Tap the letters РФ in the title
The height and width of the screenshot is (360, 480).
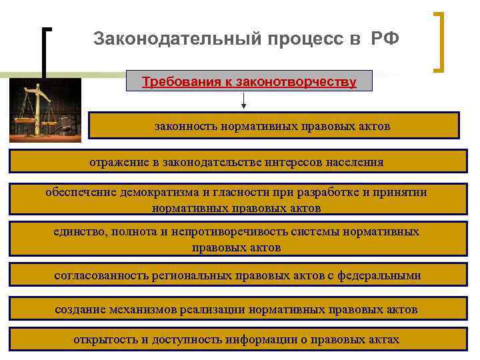[385, 38]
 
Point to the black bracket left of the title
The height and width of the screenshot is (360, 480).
[45, 53]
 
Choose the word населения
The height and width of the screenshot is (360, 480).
[354, 162]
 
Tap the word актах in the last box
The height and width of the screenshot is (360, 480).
[382, 339]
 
